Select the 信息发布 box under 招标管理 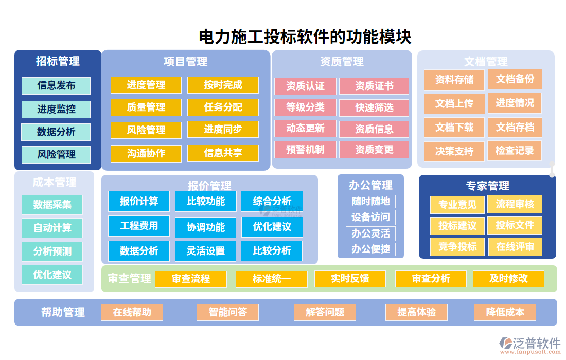tap(56, 86)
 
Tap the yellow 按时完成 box tap(223, 85)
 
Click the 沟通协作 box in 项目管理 tap(146, 153)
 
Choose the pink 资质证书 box tap(374, 86)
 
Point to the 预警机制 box tap(305, 150)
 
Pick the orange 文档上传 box tap(454, 103)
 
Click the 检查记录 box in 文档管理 tap(515, 151)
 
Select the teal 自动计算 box tap(52, 228)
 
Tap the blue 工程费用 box tap(139, 226)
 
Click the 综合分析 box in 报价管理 tap(272, 201)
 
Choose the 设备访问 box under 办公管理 tap(370, 217)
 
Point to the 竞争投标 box tap(457, 246)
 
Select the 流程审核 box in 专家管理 tap(515, 204)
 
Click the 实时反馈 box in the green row tap(350, 279)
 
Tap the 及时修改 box tap(508, 279)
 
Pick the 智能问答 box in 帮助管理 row tap(227, 312)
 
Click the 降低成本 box tap(505, 312)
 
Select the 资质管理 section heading tap(342, 62)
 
